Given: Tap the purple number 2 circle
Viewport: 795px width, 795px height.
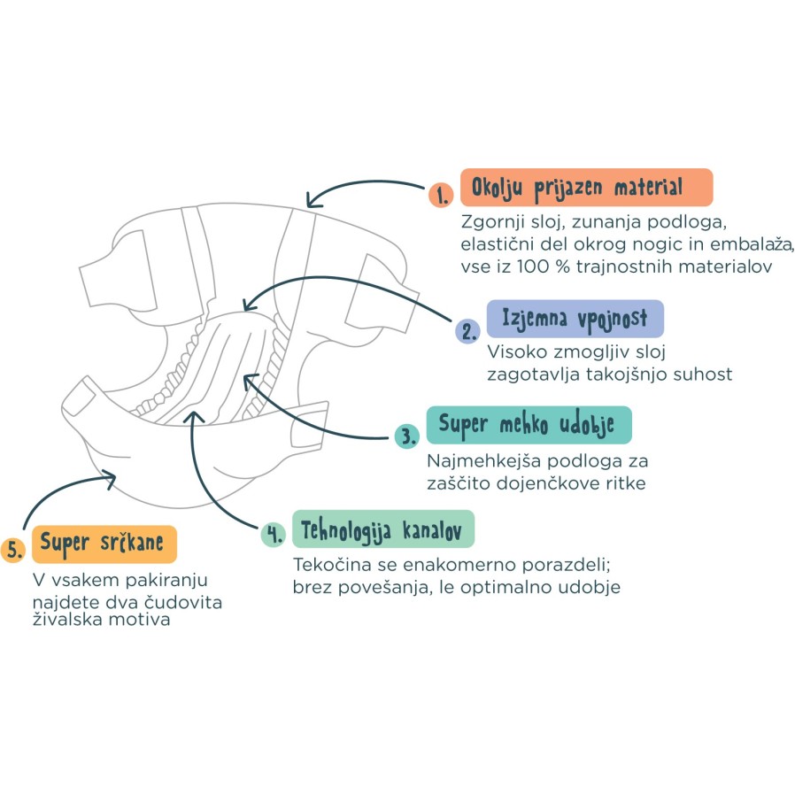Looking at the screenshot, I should (x=467, y=331).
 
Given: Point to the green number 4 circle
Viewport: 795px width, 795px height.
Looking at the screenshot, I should (x=272, y=534).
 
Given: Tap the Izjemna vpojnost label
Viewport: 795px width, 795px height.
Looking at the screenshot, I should (x=575, y=318).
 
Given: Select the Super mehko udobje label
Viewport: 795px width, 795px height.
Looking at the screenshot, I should (x=529, y=425).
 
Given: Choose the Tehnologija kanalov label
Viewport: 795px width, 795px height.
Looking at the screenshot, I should (x=382, y=529).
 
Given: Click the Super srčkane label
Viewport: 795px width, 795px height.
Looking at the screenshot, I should (x=105, y=543).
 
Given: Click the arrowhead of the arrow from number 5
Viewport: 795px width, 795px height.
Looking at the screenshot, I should (x=110, y=481).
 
